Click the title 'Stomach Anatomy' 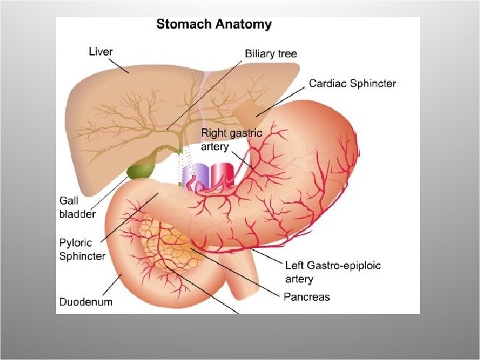[213, 25]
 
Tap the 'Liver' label [101, 51]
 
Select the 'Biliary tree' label [271, 54]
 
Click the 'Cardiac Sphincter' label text [352, 83]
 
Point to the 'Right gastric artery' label [231, 140]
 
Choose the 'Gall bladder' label [77, 207]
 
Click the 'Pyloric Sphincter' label [82, 249]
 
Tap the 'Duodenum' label [86, 301]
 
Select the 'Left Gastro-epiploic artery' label [333, 272]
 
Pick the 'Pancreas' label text [307, 296]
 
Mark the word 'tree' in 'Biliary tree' [287, 54]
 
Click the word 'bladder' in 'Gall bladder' [77, 214]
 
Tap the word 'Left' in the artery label [295, 265]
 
